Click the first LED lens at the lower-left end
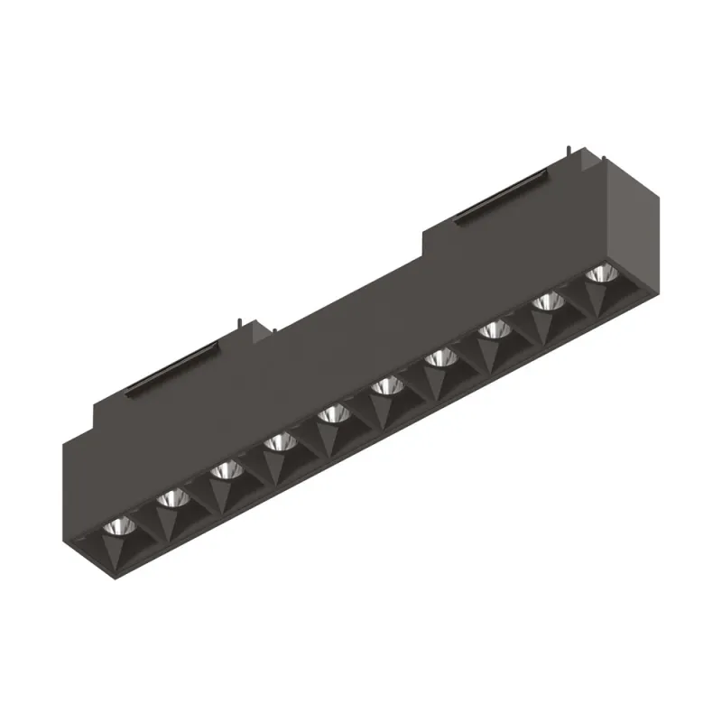(116, 527)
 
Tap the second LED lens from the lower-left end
(171, 498)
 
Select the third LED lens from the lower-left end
(225, 470)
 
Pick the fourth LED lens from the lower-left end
(279, 442)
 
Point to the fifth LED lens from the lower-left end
(333, 414)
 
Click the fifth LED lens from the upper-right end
(386, 386)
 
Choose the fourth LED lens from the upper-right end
(440, 358)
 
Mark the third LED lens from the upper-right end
(493, 330)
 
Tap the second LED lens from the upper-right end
(546, 302)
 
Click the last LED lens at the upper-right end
(597, 273)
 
